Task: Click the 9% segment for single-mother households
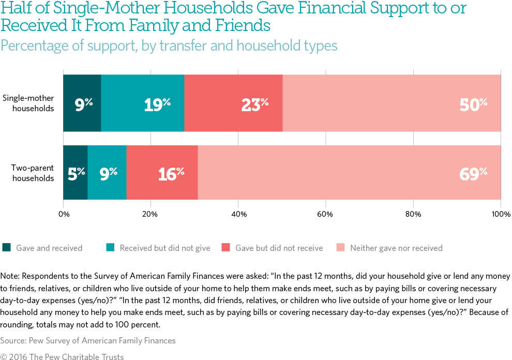tap(82, 103)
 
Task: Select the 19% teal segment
tap(143, 103)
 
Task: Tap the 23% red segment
tap(233, 103)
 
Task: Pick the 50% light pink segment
tap(391, 103)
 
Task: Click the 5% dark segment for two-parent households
tap(76, 173)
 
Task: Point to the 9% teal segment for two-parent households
tap(107, 173)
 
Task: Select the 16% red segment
tap(162, 173)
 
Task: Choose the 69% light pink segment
tap(349, 173)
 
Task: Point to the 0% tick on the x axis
tap(64, 214)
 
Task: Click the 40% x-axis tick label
tap(238, 214)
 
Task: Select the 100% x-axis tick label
tap(501, 214)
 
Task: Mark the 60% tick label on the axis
tap(326, 214)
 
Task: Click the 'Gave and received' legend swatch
tap(6, 248)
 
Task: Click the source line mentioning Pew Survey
tap(88, 340)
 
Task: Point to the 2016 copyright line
tap(62, 356)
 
